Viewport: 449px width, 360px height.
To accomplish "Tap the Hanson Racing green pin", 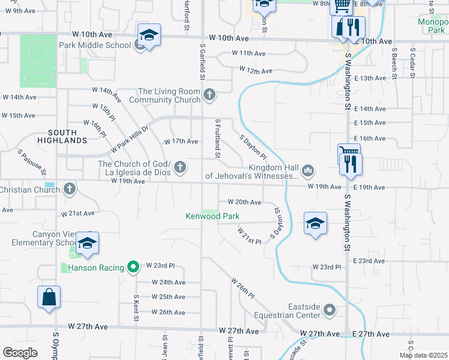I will coord(134,267).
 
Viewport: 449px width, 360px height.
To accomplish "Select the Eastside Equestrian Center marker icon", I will coord(330,310).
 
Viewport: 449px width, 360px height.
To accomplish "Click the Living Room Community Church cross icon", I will coord(209,94).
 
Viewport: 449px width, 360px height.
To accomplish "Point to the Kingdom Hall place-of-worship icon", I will coord(308,171).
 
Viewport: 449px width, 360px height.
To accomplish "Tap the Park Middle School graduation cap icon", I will coord(148,35).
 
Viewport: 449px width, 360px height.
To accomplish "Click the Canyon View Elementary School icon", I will coord(88,243).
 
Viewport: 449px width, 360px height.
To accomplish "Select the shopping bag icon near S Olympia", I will coord(49,296).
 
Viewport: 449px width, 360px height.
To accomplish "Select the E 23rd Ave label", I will coord(369,260).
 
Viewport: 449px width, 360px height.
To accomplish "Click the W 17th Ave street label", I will coord(181,142).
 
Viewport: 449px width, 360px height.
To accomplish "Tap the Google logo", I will coord(20,353).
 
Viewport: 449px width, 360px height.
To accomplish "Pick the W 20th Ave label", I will coord(244,202).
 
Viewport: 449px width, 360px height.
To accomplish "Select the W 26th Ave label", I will coord(168,312).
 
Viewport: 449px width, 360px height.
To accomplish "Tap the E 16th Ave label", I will coord(369,138).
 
